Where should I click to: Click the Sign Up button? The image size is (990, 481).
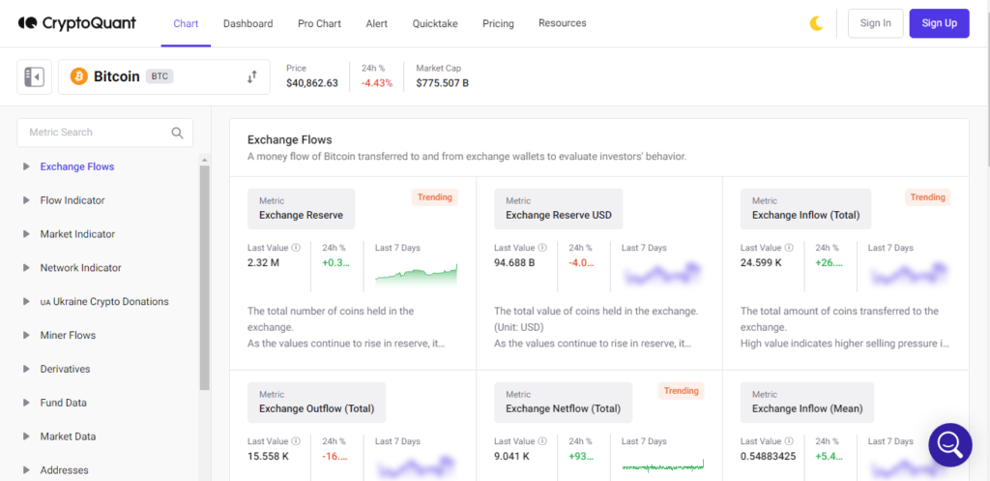[x=939, y=23]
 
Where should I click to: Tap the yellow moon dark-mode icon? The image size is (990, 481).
[x=816, y=23]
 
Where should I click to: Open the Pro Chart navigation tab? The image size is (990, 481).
[x=319, y=23]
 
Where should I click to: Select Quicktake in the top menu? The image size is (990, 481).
[x=435, y=23]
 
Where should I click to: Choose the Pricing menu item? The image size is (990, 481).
[x=498, y=23]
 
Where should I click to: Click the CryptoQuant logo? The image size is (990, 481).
[x=77, y=23]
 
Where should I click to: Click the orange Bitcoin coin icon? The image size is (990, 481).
[x=79, y=76]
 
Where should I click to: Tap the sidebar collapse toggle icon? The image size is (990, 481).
[x=34, y=77]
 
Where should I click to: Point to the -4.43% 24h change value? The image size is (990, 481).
[x=377, y=83]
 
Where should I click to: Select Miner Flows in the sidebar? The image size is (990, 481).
[x=68, y=335]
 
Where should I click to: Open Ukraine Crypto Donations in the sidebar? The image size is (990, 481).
[x=104, y=302]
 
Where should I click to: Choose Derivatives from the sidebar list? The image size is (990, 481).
[x=65, y=369]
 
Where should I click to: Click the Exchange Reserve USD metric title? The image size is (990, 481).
[x=559, y=215]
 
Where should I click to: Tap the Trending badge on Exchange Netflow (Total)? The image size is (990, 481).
[x=682, y=391]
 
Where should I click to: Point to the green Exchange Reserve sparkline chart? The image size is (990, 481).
[x=416, y=276]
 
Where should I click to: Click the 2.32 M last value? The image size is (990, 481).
[x=263, y=261]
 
